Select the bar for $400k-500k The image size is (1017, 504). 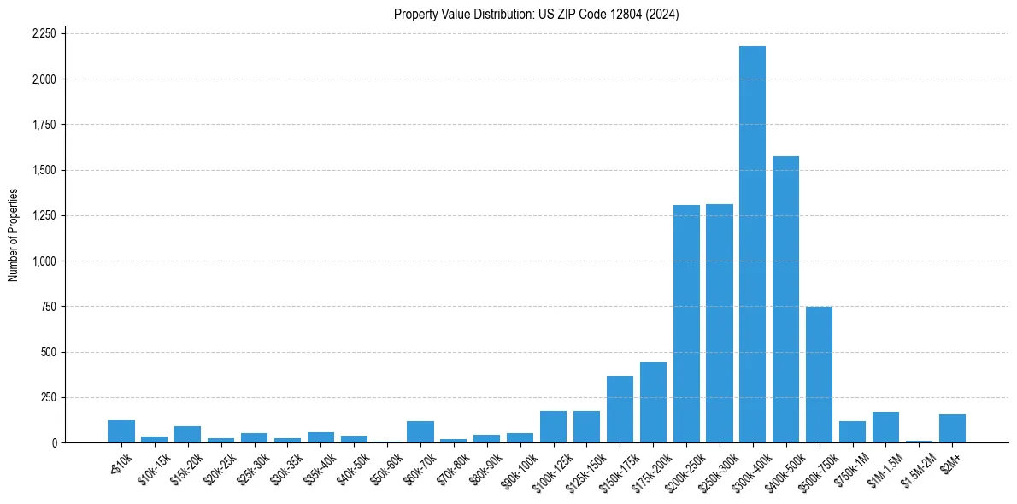(x=785, y=299)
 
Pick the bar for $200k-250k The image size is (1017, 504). (x=686, y=324)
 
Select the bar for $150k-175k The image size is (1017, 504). (x=620, y=409)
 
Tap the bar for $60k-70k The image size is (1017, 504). (x=420, y=432)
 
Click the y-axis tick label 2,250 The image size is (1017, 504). (x=44, y=33)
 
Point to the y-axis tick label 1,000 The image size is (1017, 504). (x=44, y=261)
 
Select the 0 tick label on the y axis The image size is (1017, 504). (x=54, y=442)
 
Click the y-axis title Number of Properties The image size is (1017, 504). (x=13, y=235)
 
